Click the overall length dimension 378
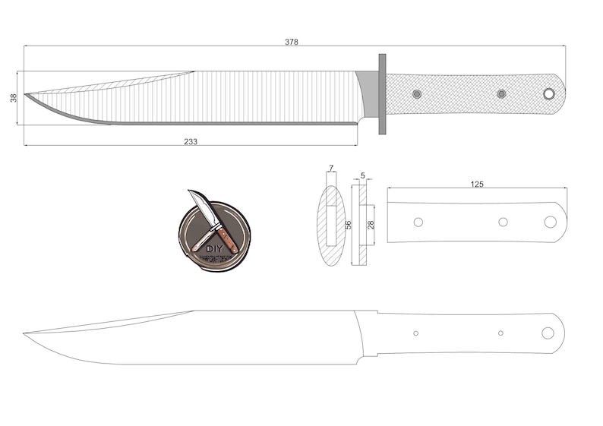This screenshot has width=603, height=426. click(x=291, y=42)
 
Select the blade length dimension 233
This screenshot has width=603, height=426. click(x=190, y=141)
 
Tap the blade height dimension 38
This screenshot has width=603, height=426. click(x=14, y=98)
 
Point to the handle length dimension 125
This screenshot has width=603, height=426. click(x=477, y=184)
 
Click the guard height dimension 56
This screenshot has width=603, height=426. click(x=349, y=226)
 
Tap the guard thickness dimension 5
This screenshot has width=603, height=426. click(x=362, y=175)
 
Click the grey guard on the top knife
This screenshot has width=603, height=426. click(x=381, y=93)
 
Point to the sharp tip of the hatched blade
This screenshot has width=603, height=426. click(x=26, y=95)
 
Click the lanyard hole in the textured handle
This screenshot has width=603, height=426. click(x=548, y=93)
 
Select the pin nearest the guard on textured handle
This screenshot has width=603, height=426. click(x=417, y=93)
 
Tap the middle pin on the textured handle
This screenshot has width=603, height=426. click(x=501, y=93)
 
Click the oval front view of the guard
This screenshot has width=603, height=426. click(x=331, y=226)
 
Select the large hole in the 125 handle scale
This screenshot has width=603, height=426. click(x=551, y=222)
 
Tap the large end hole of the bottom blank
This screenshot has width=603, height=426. click(x=548, y=333)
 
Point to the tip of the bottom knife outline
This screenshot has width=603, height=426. click(x=24, y=333)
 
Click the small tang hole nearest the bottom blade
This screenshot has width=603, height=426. click(x=415, y=333)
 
